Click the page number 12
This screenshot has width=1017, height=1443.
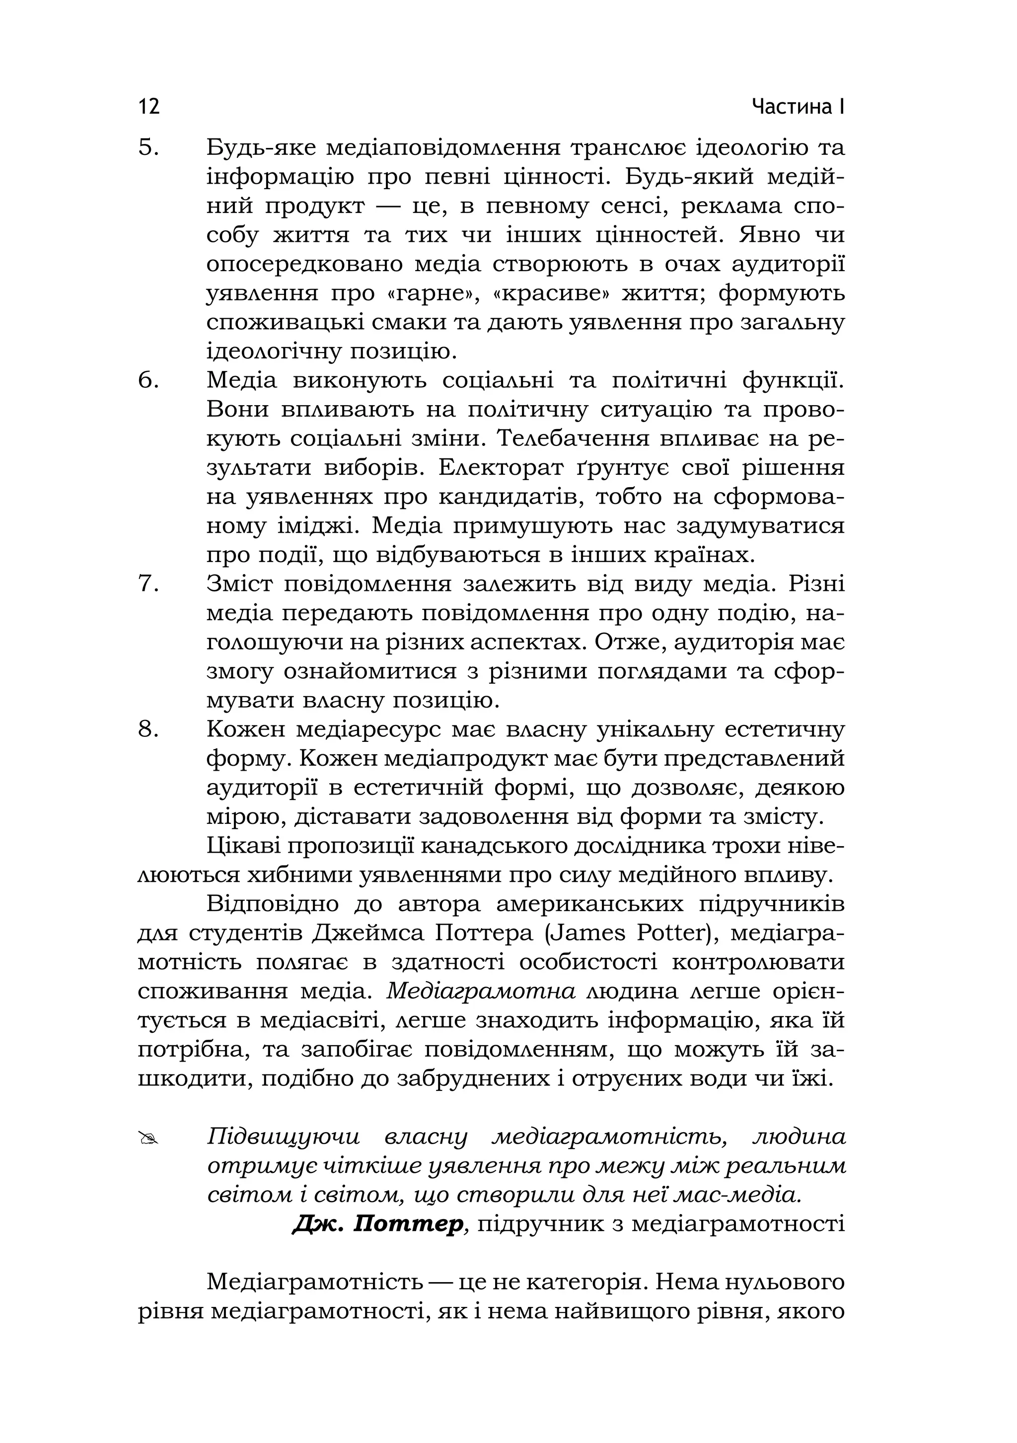tap(149, 106)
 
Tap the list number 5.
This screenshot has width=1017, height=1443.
tap(148, 148)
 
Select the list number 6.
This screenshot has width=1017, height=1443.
tap(148, 381)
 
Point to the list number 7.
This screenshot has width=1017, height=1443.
tap(148, 584)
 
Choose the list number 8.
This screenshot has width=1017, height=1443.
tap(148, 729)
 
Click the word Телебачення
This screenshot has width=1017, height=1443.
tap(573, 438)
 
